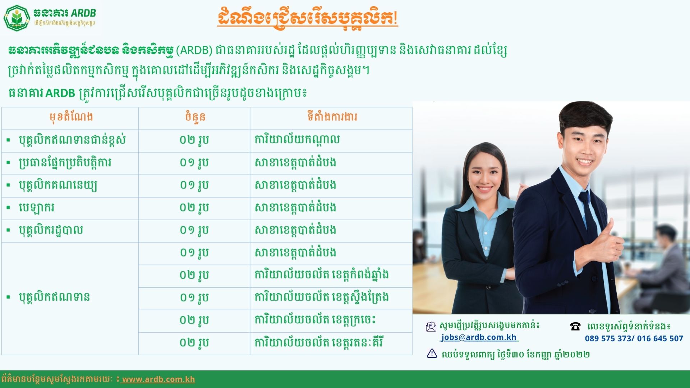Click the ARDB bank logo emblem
click(x=17, y=18)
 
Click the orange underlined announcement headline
click(x=308, y=18)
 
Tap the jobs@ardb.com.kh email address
click(x=479, y=337)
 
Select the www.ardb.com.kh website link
click(x=158, y=379)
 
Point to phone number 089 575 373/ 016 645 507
click(x=634, y=338)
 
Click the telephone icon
click(x=575, y=326)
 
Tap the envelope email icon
click(x=431, y=327)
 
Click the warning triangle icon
click(x=432, y=354)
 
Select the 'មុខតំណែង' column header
click(x=71, y=117)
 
